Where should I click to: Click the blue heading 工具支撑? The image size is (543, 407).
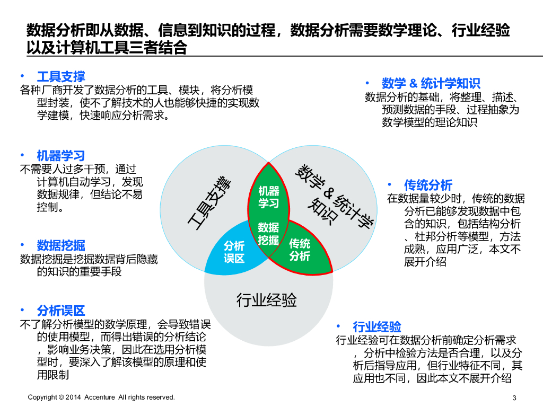point(60,77)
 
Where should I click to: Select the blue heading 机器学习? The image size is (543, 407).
point(60,156)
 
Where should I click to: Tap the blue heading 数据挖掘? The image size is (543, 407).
point(60,245)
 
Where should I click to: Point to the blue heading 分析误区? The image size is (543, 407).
point(60,311)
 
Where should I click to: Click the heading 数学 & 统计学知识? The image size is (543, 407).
point(431,83)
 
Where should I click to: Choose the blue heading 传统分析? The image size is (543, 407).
point(428,185)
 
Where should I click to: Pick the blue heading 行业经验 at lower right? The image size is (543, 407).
point(377,326)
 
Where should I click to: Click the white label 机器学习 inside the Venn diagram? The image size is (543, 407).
point(268,197)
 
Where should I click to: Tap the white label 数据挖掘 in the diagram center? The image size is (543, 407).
point(268,233)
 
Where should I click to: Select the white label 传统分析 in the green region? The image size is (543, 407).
point(300,250)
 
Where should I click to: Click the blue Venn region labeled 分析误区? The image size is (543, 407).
point(234,252)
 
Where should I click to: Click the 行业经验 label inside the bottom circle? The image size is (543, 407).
point(266,300)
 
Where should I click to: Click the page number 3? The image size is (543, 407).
point(514,398)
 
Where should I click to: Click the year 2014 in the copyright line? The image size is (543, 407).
point(74,397)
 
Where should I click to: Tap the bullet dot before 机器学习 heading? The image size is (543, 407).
point(22,155)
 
